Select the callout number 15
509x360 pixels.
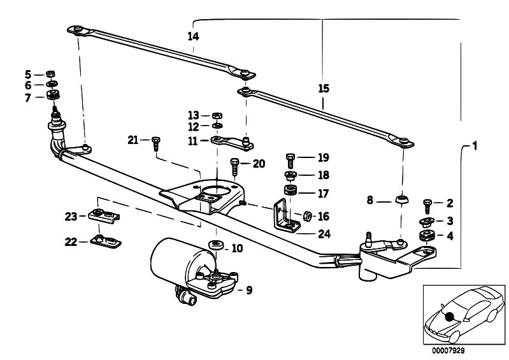[324, 89]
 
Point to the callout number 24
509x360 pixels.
[324, 234]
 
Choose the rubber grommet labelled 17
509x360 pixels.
[290, 191]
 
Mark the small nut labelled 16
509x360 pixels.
[305, 216]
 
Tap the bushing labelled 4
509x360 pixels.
[426, 236]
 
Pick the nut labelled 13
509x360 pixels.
[217, 115]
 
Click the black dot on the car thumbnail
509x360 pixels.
[450, 317]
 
